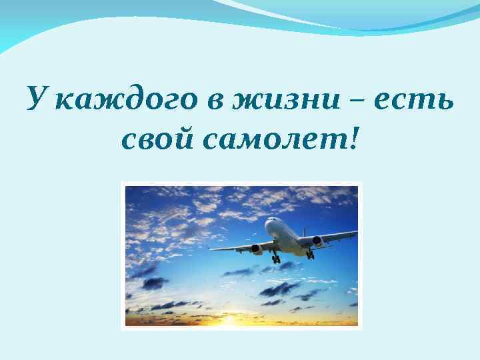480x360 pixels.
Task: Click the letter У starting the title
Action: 37,100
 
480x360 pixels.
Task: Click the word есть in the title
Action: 413,101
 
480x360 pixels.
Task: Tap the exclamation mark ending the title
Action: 353,137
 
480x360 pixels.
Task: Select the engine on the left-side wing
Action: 257,249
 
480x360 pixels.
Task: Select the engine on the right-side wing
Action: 317,241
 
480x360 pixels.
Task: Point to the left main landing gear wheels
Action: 275,259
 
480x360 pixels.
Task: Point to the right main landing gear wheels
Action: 309,255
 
